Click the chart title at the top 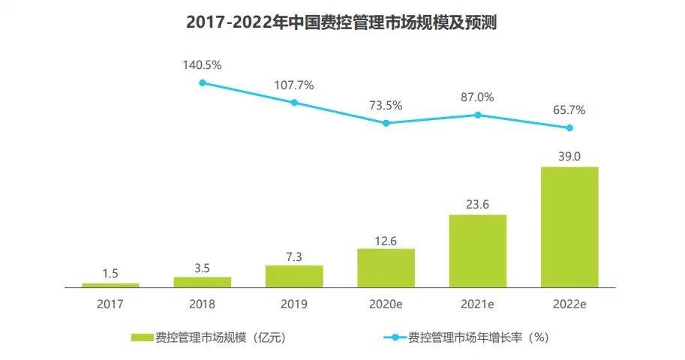tap(341, 22)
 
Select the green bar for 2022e tap(569, 226)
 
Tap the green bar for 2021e tap(477, 250)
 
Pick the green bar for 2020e tap(386, 268)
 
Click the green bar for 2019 tap(294, 276)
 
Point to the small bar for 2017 tap(110, 285)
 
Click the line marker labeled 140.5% tap(203, 82)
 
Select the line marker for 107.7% tap(294, 102)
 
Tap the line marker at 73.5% tap(386, 123)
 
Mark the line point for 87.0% tap(477, 115)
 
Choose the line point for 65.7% tap(569, 127)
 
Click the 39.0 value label tap(569, 156)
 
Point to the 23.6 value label tap(477, 204)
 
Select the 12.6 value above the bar tap(386, 239)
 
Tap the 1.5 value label tap(110, 273)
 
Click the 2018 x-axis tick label tap(203, 304)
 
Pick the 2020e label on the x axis tap(386, 304)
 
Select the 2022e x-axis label tap(569, 304)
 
